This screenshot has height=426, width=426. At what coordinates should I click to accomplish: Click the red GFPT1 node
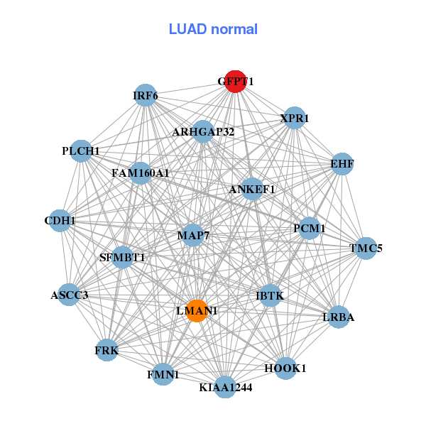click(235, 82)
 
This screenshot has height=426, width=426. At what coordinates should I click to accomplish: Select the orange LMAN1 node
click(197, 311)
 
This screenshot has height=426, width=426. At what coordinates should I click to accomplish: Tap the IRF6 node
click(146, 96)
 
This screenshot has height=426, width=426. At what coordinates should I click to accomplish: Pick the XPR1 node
click(294, 119)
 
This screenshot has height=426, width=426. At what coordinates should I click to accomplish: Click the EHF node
click(342, 165)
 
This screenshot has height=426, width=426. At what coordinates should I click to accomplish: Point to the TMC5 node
click(366, 248)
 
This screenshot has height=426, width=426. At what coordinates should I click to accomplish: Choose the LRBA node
click(338, 317)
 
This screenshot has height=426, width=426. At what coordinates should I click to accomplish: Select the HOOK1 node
click(285, 368)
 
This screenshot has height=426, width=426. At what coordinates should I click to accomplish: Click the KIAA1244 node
click(225, 387)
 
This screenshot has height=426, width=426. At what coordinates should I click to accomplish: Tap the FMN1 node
click(163, 373)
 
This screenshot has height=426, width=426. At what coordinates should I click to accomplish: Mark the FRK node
click(106, 350)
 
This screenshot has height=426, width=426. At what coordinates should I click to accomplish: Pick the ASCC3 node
click(69, 295)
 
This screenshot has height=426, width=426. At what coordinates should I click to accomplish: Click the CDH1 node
click(60, 221)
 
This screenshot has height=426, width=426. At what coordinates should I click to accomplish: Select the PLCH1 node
click(81, 151)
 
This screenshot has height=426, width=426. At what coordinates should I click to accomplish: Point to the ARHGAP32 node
click(203, 131)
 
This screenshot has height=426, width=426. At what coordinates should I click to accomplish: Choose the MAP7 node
click(192, 235)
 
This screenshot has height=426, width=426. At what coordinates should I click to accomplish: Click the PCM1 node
click(309, 229)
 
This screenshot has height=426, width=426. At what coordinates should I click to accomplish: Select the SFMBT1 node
click(122, 257)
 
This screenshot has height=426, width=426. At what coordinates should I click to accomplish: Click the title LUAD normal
click(213, 29)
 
